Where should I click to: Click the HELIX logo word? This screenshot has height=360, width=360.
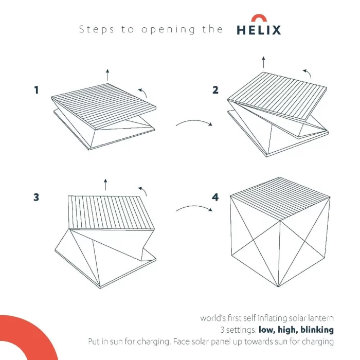[x=259, y=30]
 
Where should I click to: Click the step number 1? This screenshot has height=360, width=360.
[x=37, y=91]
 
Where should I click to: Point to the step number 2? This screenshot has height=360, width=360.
[x=215, y=91]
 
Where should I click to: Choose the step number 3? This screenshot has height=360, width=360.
[x=37, y=197]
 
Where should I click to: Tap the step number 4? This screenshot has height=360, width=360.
[x=215, y=197]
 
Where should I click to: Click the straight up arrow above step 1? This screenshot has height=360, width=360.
[x=107, y=74]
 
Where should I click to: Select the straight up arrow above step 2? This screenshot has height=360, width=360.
[x=263, y=62]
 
